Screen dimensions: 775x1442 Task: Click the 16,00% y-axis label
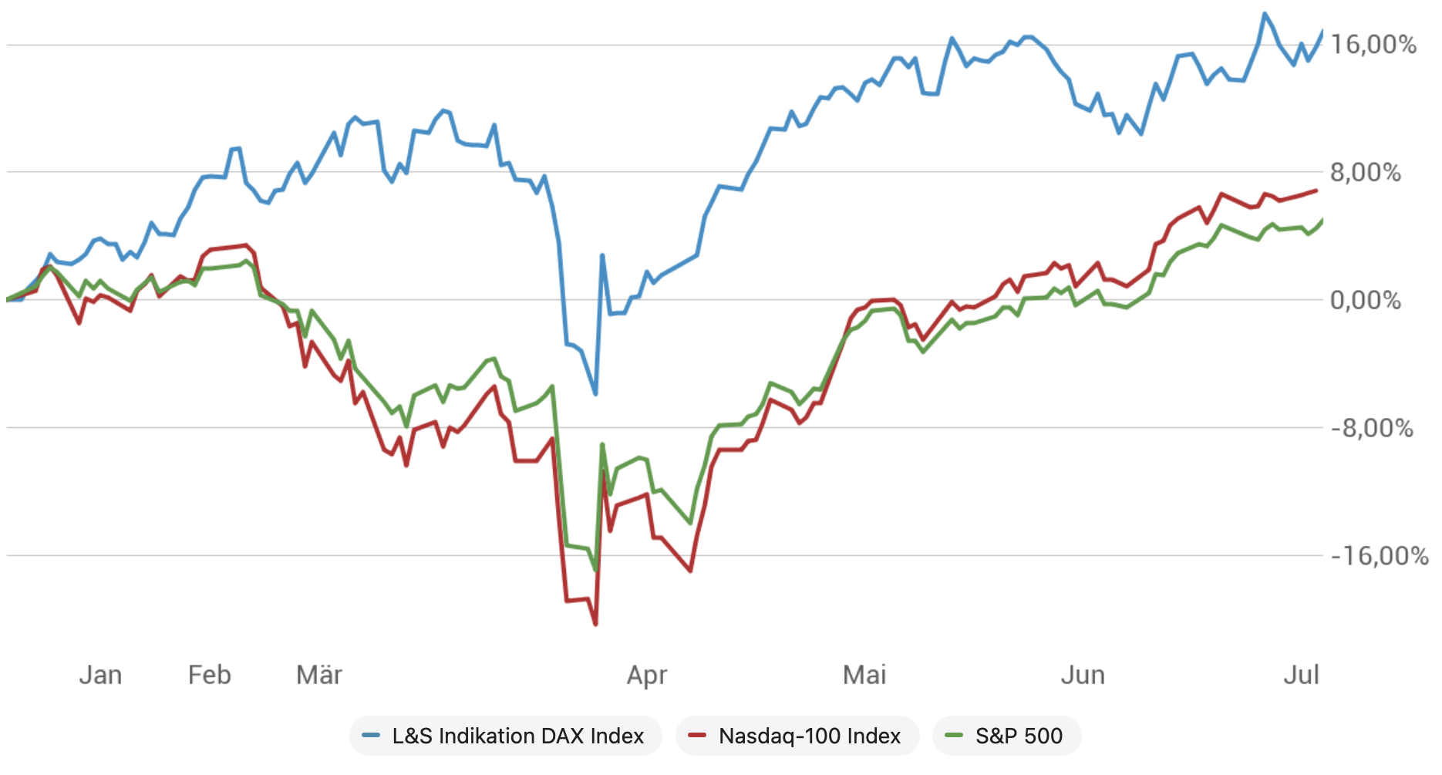(1373, 45)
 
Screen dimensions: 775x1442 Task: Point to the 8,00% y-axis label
(1366, 172)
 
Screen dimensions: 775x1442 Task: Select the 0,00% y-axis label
(1366, 300)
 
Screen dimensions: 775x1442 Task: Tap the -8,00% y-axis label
(1372, 428)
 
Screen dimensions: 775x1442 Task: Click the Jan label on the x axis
(100, 676)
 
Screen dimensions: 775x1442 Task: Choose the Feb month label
(210, 676)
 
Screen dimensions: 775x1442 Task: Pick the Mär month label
(319, 676)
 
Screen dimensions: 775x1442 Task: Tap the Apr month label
(647, 676)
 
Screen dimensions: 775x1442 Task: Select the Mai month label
(864, 676)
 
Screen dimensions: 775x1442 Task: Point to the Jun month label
(1083, 676)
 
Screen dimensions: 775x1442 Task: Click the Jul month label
(1302, 676)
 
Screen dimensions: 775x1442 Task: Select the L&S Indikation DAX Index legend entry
(517, 736)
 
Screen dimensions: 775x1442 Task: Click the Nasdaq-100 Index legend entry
(809, 736)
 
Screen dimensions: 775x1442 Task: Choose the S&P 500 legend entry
(1019, 736)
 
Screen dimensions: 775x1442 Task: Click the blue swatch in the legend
(371, 736)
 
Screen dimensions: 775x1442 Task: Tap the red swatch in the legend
(697, 736)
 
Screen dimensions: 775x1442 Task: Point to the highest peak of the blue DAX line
(1265, 14)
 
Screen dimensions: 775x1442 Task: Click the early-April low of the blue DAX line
(595, 393)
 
